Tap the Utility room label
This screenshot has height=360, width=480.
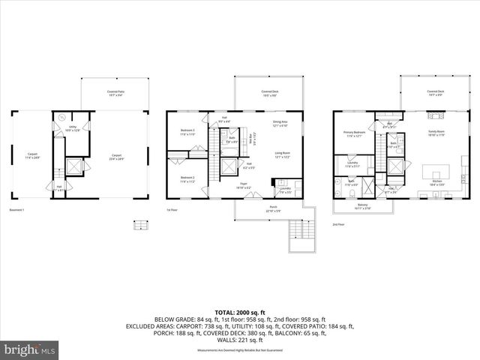tap(73, 128)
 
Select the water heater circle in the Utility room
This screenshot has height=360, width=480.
tap(61, 117)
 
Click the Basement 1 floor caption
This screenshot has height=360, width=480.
tap(17, 209)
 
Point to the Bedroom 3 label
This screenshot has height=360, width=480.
tap(187, 132)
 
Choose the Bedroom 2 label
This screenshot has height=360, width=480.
tap(187, 179)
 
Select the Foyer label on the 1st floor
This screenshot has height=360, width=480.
tap(244, 184)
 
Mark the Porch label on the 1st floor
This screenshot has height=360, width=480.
tap(272, 210)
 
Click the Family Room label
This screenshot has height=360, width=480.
tap(436, 134)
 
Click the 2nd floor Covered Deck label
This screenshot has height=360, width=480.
tap(436, 92)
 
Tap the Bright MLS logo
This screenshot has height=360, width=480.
tap(28, 349)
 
